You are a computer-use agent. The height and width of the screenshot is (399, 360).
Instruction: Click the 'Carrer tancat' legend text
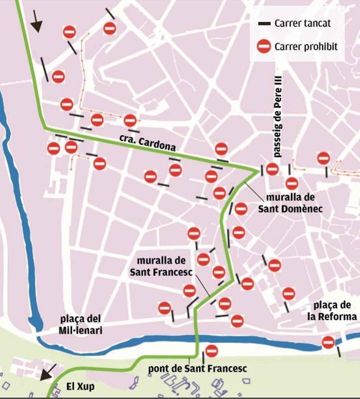pyautogui.click(x=302, y=23)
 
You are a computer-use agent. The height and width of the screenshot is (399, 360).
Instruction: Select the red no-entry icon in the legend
pyautogui.click(x=264, y=46)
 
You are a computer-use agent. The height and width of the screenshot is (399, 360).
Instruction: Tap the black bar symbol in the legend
pyautogui.click(x=264, y=23)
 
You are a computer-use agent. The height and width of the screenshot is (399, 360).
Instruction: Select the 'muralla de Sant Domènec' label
pyautogui.click(x=290, y=203)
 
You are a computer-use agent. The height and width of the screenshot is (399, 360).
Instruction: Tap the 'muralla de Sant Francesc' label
pyautogui.click(x=161, y=266)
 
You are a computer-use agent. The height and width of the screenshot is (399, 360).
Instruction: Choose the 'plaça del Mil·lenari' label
pyautogui.click(x=80, y=325)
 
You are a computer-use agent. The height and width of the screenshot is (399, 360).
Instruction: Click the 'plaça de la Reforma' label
pyautogui.click(x=332, y=311)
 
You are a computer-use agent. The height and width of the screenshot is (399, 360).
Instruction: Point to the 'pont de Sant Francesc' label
pyautogui.click(x=197, y=369)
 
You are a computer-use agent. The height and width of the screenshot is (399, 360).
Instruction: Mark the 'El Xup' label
pyautogui.click(x=80, y=387)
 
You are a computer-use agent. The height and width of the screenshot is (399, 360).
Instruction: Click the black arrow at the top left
pyautogui.click(x=37, y=22)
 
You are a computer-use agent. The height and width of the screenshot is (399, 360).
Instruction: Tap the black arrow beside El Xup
pyautogui.click(x=48, y=372)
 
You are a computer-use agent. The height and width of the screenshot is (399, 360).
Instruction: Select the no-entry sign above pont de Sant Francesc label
pyautogui.click(x=211, y=351)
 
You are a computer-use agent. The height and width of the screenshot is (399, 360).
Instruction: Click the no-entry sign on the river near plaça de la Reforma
pyautogui.click(x=328, y=342)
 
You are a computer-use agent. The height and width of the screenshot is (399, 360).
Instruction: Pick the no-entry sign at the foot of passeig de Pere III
pyautogui.click(x=272, y=169)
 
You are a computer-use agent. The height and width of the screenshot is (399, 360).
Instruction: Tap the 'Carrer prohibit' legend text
pyautogui.click(x=306, y=46)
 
